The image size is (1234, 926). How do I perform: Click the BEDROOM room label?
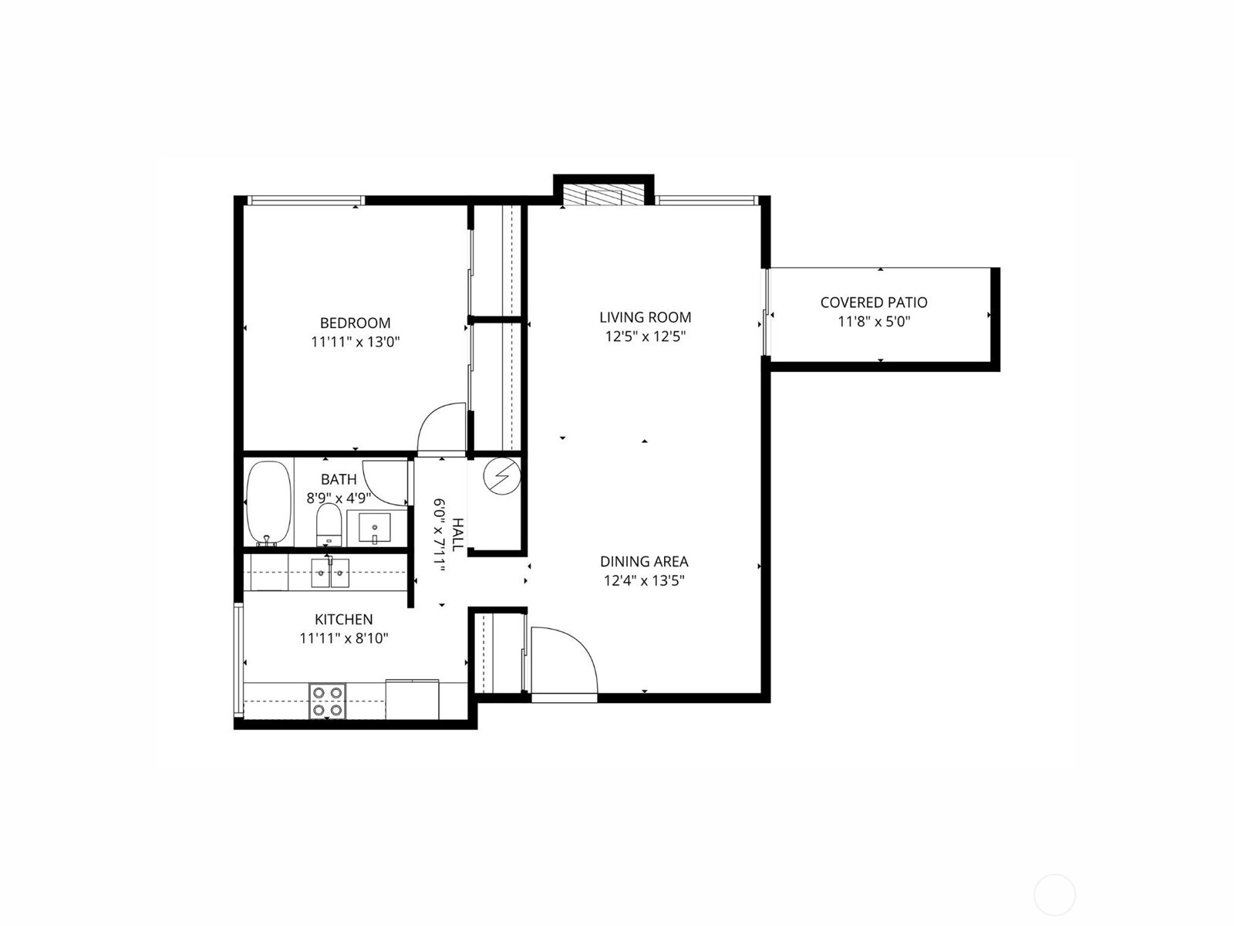[355, 323]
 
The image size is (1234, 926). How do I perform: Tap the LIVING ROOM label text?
[645, 317]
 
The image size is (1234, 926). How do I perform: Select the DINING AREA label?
[644, 561]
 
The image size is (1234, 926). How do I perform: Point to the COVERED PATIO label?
[874, 302]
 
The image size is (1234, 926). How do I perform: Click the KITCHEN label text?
[343, 619]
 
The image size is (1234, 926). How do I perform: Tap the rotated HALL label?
[457, 534]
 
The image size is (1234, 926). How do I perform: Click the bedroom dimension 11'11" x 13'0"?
[356, 342]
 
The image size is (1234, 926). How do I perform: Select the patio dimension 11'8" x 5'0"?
[874, 322]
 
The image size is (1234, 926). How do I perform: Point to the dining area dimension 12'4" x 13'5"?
[644, 580]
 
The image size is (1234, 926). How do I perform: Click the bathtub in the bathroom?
[269, 504]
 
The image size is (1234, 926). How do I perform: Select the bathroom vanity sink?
[374, 529]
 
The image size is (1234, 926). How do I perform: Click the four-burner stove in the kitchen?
[327, 701]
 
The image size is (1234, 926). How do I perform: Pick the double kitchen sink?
[330, 573]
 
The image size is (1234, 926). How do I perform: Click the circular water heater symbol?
[502, 476]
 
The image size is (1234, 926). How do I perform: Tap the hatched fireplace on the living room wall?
[604, 197]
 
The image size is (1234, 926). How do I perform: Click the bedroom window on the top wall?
[306, 200]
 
